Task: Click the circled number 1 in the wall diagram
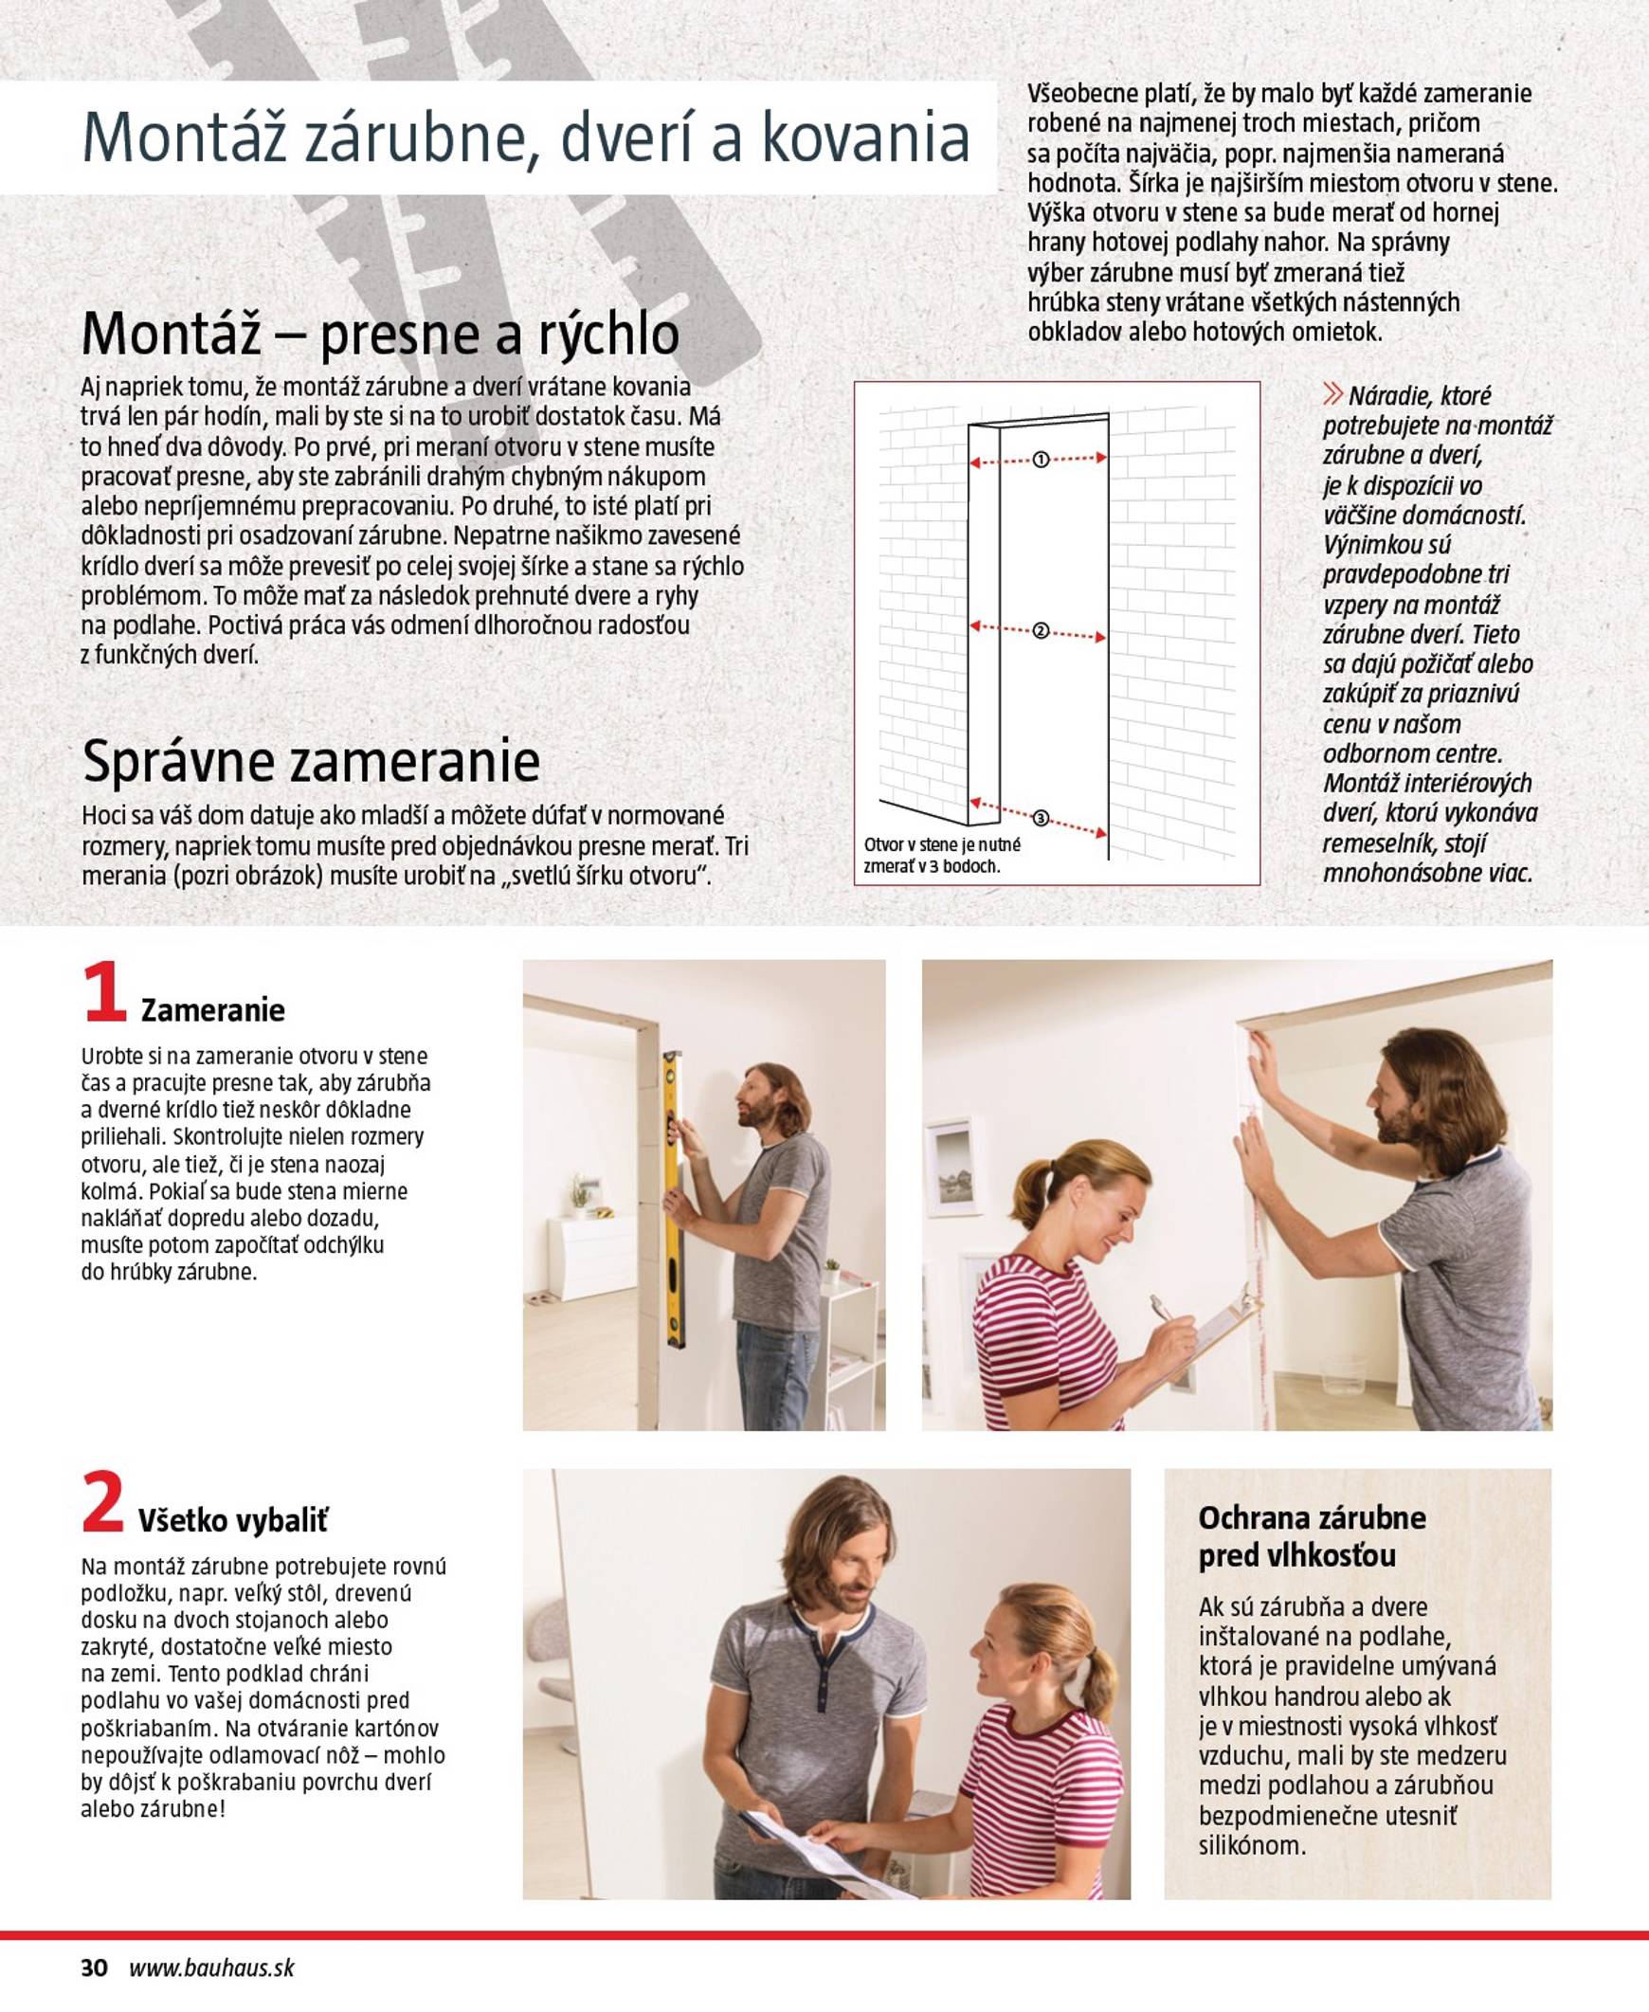[x=1041, y=460]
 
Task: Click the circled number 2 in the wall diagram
[x=1041, y=631]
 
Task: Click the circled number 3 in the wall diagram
[x=1041, y=818]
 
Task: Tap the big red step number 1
[x=103, y=991]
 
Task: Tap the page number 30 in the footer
[x=94, y=1967]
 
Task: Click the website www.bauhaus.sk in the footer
[x=211, y=1967]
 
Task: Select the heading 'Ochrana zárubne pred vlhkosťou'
[x=1311, y=1537]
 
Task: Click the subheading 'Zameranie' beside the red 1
[x=213, y=1010]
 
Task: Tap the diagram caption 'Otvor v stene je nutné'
[x=941, y=844]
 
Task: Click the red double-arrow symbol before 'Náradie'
[x=1332, y=394]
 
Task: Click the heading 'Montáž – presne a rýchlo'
[x=380, y=335]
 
